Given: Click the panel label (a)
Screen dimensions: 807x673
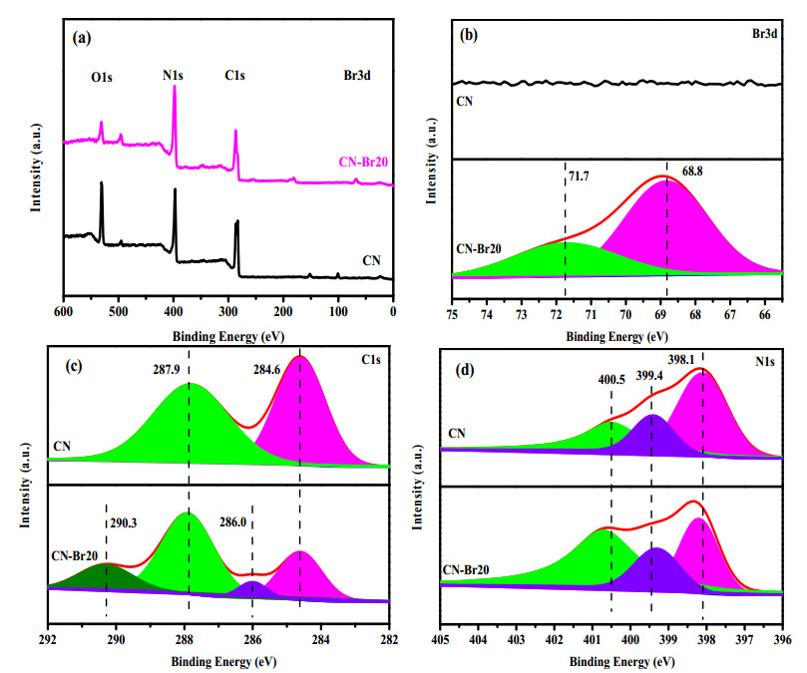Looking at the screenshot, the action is tap(82, 39).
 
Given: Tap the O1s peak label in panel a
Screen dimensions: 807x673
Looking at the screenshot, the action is tap(102, 77).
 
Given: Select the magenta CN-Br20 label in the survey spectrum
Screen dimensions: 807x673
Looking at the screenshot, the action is tap(363, 163).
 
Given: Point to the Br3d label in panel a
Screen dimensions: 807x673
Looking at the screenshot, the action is tap(357, 75).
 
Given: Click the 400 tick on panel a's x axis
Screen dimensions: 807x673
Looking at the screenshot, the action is tap(174, 312).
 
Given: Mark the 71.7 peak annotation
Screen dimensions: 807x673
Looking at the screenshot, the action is tap(579, 176).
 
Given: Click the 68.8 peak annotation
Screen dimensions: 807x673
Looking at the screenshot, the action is tap(692, 170).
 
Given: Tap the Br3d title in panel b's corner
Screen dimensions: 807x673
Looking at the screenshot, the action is tap(764, 34).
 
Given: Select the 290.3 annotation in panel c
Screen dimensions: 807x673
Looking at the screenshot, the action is tap(124, 523).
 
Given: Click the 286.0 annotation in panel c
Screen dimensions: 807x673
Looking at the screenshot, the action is tap(232, 522).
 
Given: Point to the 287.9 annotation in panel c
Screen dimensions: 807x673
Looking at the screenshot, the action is tap(167, 369).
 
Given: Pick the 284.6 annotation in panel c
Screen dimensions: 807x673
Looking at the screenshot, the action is tap(266, 369).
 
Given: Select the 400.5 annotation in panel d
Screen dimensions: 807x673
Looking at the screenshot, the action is tap(611, 380).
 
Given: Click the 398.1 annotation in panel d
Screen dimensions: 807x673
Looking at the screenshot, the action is tap(681, 359).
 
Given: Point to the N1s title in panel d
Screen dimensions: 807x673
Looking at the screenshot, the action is tap(765, 362).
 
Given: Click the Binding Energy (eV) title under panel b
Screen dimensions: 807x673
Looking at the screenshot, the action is tap(617, 337).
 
